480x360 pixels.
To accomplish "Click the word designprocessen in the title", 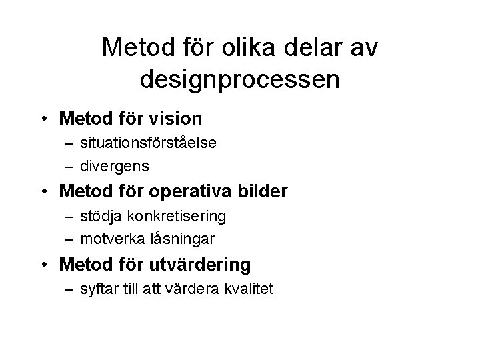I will [240, 79].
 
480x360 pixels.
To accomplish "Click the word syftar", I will [97, 289].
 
